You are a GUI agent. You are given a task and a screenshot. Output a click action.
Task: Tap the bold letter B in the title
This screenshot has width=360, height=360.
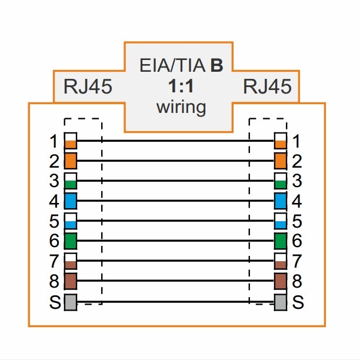217,65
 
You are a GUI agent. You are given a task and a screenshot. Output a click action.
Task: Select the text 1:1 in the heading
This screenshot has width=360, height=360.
181,86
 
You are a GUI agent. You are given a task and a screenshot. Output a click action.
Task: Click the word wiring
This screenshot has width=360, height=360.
181,107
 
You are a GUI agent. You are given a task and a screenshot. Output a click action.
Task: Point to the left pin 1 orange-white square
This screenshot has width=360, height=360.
71,141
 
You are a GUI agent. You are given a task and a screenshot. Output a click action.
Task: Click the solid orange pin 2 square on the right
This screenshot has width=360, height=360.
281,161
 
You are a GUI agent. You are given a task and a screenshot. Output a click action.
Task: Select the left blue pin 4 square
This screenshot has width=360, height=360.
71,201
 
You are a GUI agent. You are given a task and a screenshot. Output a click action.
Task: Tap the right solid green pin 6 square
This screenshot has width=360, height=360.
281,241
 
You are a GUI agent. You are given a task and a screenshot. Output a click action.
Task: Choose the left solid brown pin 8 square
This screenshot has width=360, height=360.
71,281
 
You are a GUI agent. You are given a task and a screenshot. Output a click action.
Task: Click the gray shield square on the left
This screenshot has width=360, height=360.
71,302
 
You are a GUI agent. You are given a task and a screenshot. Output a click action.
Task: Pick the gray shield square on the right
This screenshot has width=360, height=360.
281,302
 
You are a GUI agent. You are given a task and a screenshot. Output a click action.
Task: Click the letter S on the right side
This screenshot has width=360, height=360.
298,302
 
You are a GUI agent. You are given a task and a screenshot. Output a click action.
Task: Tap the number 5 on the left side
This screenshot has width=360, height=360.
54,222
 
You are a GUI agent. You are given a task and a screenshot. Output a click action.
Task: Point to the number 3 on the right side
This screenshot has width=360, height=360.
296,181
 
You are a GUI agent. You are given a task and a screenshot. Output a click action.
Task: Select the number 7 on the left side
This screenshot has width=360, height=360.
54,261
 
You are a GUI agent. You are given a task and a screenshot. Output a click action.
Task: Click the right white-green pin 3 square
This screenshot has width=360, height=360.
281,181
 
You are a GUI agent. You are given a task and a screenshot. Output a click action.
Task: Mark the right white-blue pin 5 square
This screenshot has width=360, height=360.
281,221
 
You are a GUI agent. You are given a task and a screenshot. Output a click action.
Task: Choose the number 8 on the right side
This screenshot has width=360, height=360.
296,281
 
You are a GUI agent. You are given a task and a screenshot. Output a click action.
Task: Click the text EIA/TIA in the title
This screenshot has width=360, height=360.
173,65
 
